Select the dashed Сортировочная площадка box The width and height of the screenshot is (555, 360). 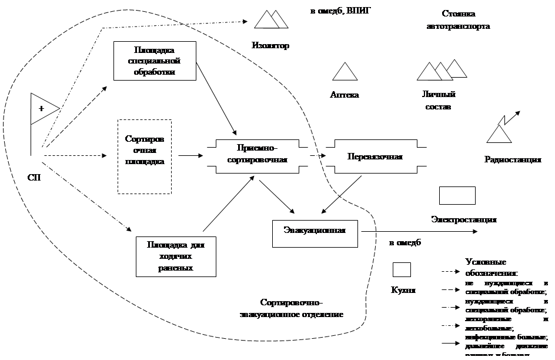(x=145, y=156)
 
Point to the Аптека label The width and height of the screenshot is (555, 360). (x=345, y=94)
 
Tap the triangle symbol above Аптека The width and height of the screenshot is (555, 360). (x=346, y=72)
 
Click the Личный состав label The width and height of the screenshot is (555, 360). (x=439, y=101)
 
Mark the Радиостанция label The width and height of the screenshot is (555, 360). (x=513, y=159)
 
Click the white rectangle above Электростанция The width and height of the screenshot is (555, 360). (x=457, y=195)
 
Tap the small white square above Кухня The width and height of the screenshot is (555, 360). (x=402, y=269)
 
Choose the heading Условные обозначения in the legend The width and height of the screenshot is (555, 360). (x=491, y=267)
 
